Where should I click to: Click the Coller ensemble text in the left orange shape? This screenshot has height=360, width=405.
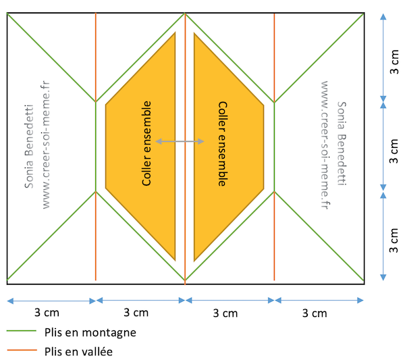click(146, 143)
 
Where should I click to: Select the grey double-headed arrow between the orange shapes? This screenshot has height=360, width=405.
click(180, 141)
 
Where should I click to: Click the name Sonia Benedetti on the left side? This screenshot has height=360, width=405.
click(28, 156)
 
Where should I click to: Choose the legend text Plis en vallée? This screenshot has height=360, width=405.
click(78, 351)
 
